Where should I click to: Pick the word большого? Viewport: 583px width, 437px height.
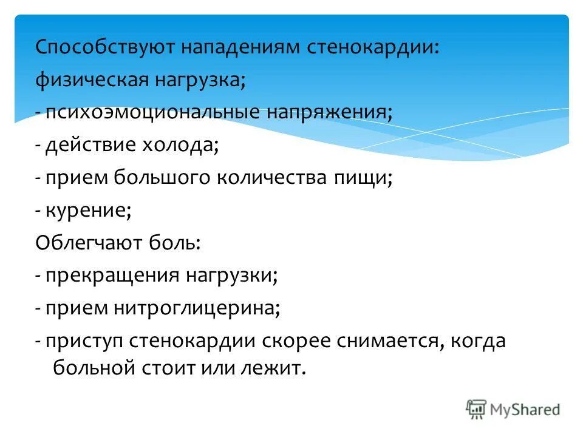point(162,178)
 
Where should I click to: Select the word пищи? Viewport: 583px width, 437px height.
point(362,178)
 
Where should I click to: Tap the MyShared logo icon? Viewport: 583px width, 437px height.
point(476,410)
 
